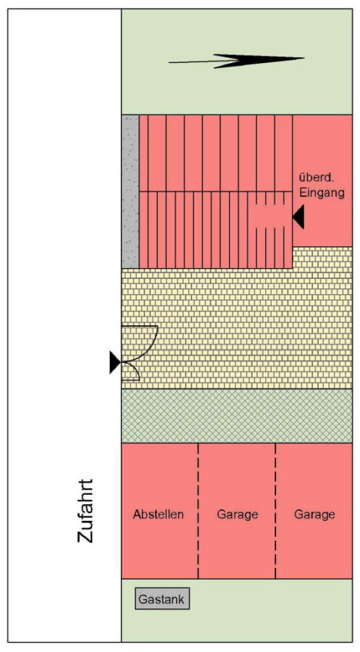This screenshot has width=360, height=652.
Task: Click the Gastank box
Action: point(162,598)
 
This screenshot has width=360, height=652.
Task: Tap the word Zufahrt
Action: point(85,511)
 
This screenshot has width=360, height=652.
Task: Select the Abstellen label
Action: point(159,514)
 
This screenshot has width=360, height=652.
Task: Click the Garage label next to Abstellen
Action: point(238,515)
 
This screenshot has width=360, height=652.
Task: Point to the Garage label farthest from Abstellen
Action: point(314,515)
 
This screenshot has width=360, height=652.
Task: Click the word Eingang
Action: point(322,193)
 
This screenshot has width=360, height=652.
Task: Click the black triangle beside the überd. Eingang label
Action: point(298,217)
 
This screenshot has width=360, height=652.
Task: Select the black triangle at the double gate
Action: point(115,362)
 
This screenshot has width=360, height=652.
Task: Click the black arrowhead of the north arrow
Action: point(258,60)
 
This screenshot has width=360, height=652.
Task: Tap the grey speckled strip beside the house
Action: point(130,191)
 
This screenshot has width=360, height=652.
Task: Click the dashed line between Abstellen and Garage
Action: point(198,511)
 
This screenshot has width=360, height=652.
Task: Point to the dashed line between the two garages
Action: point(275,511)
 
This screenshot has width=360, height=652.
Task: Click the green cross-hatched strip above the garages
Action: point(237,416)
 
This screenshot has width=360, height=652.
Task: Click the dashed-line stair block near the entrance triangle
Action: point(269,230)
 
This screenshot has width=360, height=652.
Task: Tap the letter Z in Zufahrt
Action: point(85,536)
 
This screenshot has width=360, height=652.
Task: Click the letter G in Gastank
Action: point(143,599)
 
